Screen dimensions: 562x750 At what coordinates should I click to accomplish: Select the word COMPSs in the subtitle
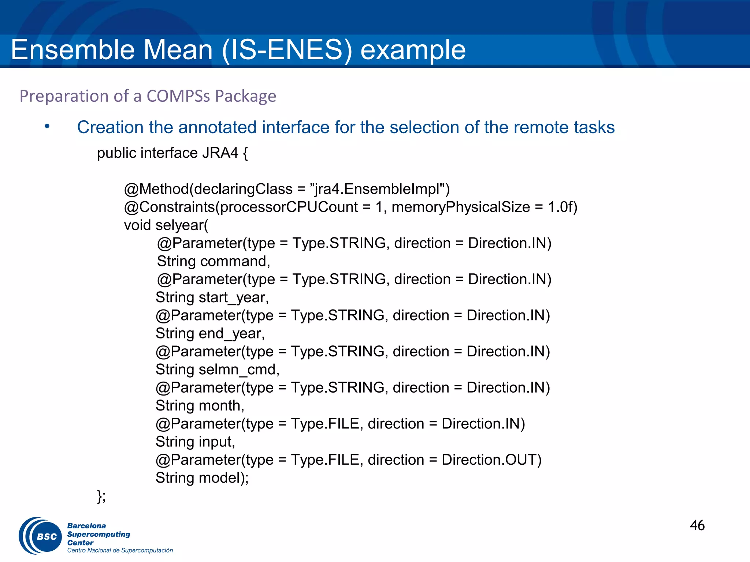[178, 96]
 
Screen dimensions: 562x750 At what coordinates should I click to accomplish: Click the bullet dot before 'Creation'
[47, 127]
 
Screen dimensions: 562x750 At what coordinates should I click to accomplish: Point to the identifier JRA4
[220, 153]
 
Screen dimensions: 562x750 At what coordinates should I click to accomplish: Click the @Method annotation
[156, 189]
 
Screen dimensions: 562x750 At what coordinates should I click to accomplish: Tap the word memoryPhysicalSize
[461, 207]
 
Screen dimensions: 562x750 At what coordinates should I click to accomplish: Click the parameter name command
[235, 261]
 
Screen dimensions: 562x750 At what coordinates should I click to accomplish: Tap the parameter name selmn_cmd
[238, 370]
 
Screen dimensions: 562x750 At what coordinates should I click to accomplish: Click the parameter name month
[221, 406]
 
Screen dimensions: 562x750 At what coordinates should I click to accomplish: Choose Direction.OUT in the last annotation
[491, 460]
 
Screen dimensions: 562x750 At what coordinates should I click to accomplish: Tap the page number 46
[697, 525]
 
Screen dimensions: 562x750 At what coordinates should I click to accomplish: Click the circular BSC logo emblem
[41, 536]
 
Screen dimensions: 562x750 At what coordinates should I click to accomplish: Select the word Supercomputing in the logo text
[99, 534]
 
